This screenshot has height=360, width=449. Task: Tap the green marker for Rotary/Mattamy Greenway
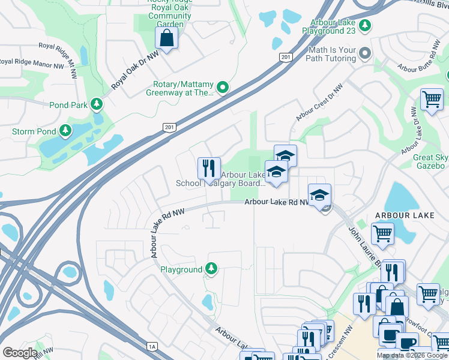(223, 88)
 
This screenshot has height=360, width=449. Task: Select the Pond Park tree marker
(96, 105)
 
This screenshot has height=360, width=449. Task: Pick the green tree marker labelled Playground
(211, 269)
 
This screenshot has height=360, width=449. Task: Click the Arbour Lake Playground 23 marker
(365, 26)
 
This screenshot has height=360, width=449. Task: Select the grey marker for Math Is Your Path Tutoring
(364, 55)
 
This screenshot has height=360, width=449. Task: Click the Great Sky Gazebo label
(429, 161)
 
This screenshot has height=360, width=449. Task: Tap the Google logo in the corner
(20, 353)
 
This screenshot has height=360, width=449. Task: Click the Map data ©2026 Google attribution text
(412, 355)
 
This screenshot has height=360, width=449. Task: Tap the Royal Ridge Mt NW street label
(59, 61)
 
